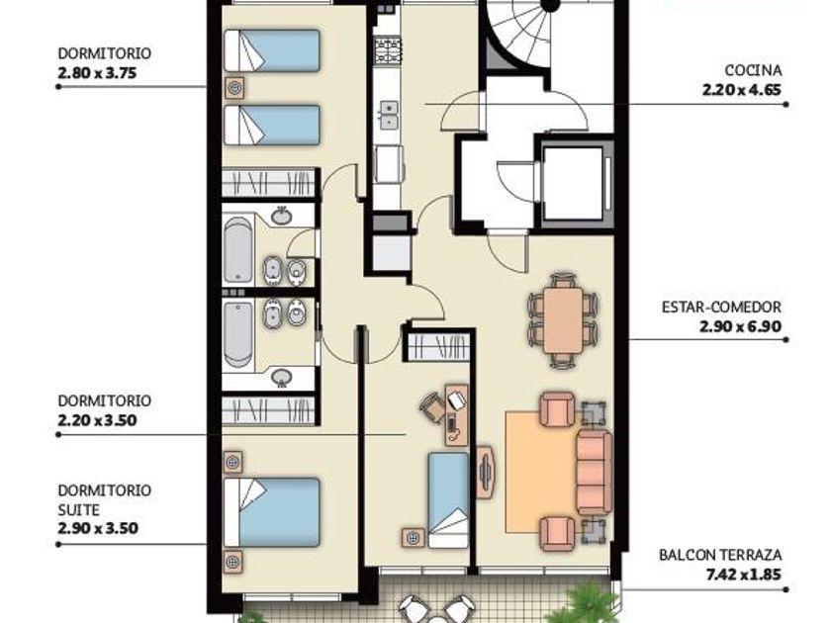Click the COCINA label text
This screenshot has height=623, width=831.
[753, 70]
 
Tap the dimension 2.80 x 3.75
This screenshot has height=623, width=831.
[97, 73]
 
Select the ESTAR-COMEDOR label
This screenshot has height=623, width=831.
[721, 307]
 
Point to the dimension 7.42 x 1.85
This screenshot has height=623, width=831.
[744, 575]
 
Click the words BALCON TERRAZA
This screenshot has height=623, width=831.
[720, 555]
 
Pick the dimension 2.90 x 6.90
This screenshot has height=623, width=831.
[740, 326]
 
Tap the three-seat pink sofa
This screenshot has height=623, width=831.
[595, 472]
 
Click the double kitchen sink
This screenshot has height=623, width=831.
[389, 116]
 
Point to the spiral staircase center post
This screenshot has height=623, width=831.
[550, 4]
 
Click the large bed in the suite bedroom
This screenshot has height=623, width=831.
[272, 512]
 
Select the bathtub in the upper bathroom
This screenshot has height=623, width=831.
[238, 249]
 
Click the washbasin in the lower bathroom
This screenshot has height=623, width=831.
[281, 377]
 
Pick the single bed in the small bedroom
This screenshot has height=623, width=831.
[448, 500]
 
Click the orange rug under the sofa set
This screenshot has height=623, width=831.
[540, 472]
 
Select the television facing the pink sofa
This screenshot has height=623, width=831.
[486, 473]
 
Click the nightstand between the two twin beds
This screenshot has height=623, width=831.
[234, 87]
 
